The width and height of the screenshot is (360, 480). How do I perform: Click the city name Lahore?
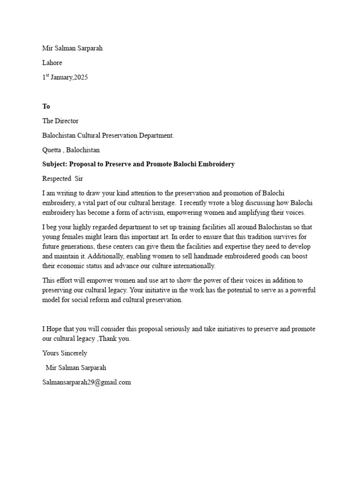(x=52, y=63)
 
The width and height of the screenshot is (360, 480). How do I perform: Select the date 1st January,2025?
(x=65, y=77)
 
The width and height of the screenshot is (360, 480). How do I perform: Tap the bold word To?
(x=46, y=106)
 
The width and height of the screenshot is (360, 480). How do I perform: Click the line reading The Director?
(x=60, y=121)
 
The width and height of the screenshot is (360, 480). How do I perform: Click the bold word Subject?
(x=55, y=165)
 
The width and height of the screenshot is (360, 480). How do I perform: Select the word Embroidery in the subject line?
(x=214, y=165)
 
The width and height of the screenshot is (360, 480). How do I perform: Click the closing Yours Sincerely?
(x=65, y=353)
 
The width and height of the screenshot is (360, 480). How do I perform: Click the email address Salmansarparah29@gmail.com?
(x=87, y=382)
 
